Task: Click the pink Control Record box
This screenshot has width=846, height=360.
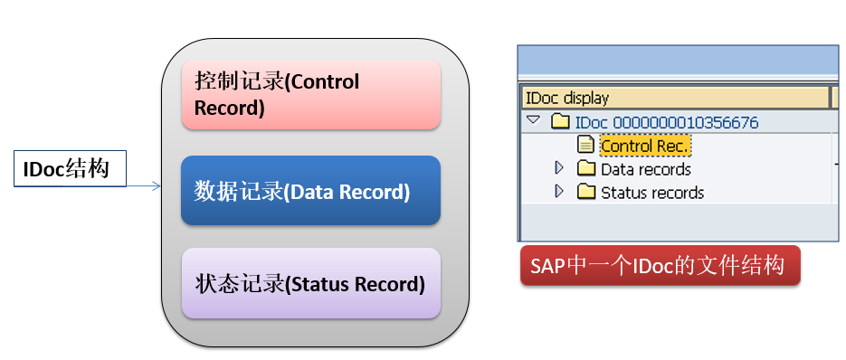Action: (310, 95)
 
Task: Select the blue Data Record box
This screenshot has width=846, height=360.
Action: (310, 191)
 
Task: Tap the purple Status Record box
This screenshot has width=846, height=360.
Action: (310, 283)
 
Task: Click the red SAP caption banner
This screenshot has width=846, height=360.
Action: (660, 266)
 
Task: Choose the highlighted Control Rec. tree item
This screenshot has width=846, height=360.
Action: (644, 145)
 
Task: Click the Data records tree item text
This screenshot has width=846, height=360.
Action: (645, 169)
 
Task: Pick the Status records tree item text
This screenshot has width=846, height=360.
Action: (651, 192)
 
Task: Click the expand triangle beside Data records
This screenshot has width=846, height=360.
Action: (559, 168)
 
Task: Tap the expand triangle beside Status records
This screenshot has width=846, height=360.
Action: (559, 191)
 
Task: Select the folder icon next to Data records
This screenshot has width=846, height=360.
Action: (586, 168)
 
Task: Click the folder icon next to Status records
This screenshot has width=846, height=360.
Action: (586, 192)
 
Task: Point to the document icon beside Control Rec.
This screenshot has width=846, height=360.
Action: (586, 145)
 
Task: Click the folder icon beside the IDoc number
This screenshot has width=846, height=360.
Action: (561, 122)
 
